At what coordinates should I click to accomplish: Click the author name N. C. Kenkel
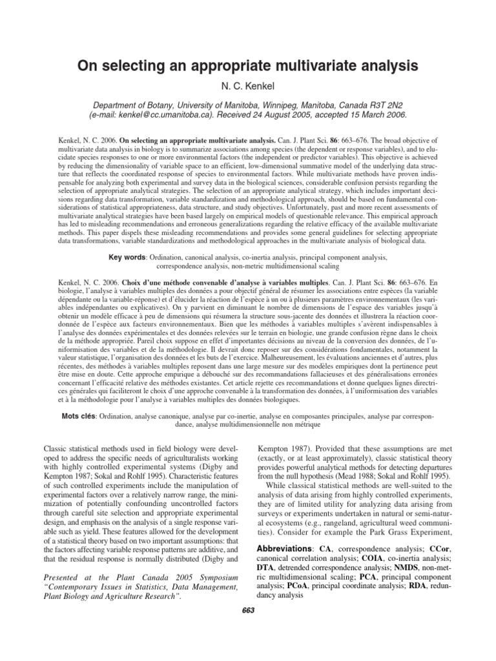[x=247, y=85]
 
